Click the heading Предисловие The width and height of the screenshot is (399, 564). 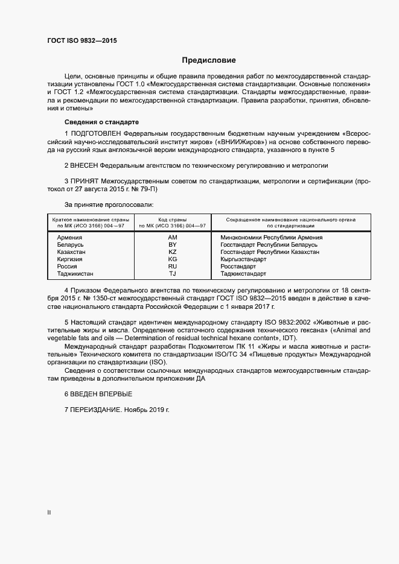[x=209, y=60]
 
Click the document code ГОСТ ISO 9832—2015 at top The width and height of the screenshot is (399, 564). [x=82, y=40]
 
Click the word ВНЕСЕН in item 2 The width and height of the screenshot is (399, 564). [x=84, y=165]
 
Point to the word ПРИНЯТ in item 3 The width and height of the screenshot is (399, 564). [x=84, y=181]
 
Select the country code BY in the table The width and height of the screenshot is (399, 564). [x=172, y=244]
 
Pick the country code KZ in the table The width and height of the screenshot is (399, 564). [x=172, y=252]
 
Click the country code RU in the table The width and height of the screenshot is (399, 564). [x=172, y=266]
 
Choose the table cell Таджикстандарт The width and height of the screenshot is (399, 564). [x=243, y=273]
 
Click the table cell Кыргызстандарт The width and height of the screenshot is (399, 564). [x=243, y=259]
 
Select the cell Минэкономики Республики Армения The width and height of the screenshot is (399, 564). [x=271, y=237]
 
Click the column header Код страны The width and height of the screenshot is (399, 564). [x=172, y=220]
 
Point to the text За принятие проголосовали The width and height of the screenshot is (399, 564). [x=100, y=205]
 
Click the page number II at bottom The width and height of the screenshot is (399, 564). [x=49, y=513]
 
